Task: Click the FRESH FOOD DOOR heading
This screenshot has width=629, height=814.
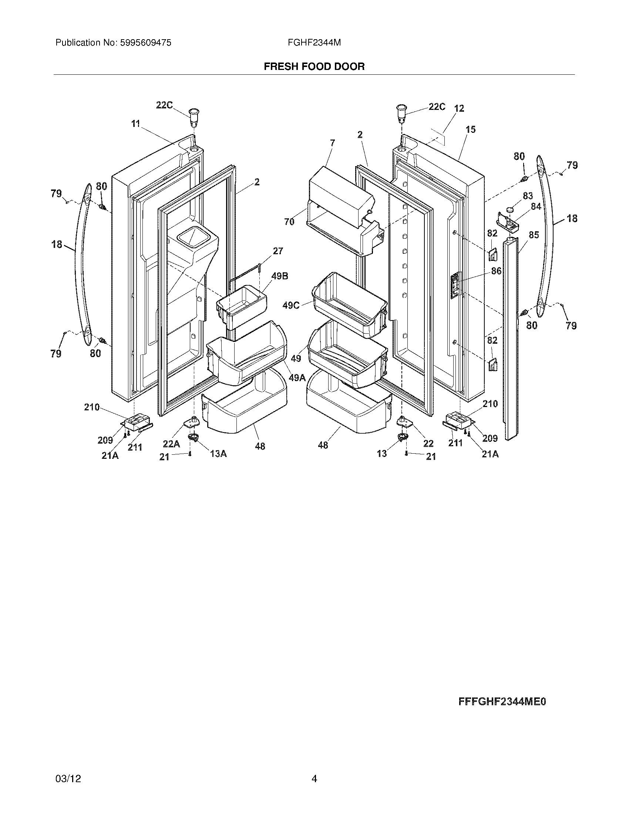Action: coord(314,67)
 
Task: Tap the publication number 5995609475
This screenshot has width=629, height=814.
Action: coord(145,43)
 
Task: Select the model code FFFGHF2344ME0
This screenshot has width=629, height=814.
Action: coord(502,702)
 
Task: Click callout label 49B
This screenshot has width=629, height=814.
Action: coord(279,276)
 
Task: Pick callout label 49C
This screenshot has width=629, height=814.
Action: coord(291,305)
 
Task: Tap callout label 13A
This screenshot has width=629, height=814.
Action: coord(218,454)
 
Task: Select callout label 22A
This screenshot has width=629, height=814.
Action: coord(171,444)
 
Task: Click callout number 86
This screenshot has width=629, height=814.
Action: coord(496,271)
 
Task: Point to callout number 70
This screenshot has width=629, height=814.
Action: coord(289,222)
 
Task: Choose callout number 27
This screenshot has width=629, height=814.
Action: coord(278,251)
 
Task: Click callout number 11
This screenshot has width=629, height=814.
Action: coord(135,123)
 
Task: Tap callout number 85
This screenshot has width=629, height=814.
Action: coord(534,235)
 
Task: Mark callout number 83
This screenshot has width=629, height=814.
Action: coord(528,196)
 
